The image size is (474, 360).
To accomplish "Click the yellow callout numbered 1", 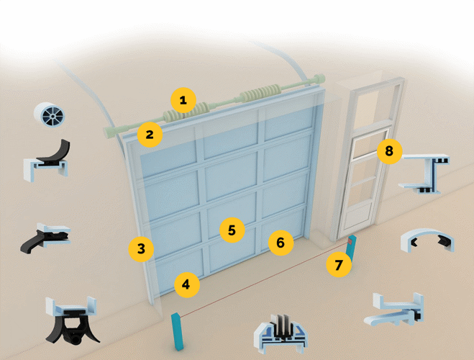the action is coord(183,100).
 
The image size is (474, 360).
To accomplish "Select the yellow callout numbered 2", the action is coord(150,135).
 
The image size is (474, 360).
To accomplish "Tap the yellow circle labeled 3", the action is coord(141,249).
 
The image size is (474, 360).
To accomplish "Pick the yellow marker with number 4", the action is coord(187,284).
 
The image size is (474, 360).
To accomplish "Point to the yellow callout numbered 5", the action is coord(232,230).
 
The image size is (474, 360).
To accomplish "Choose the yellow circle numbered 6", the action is coord(281,243).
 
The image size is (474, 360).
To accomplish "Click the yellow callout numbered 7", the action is coord(339,265).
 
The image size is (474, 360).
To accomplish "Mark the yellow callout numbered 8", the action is coord(390,151).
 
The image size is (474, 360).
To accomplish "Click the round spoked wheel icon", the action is coord(50,115).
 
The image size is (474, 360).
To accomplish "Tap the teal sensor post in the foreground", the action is coord(177,332).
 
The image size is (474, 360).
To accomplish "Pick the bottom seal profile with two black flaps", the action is coord(72,320).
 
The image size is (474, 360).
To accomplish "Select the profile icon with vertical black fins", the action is coord(281,334).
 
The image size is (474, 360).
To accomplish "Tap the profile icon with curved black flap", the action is coord(47,161).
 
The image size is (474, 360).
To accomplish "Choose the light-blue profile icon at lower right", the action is coord(395,310).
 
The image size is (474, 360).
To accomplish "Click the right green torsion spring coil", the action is coord(260,92).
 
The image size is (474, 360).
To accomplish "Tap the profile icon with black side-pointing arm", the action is coord(45,238).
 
